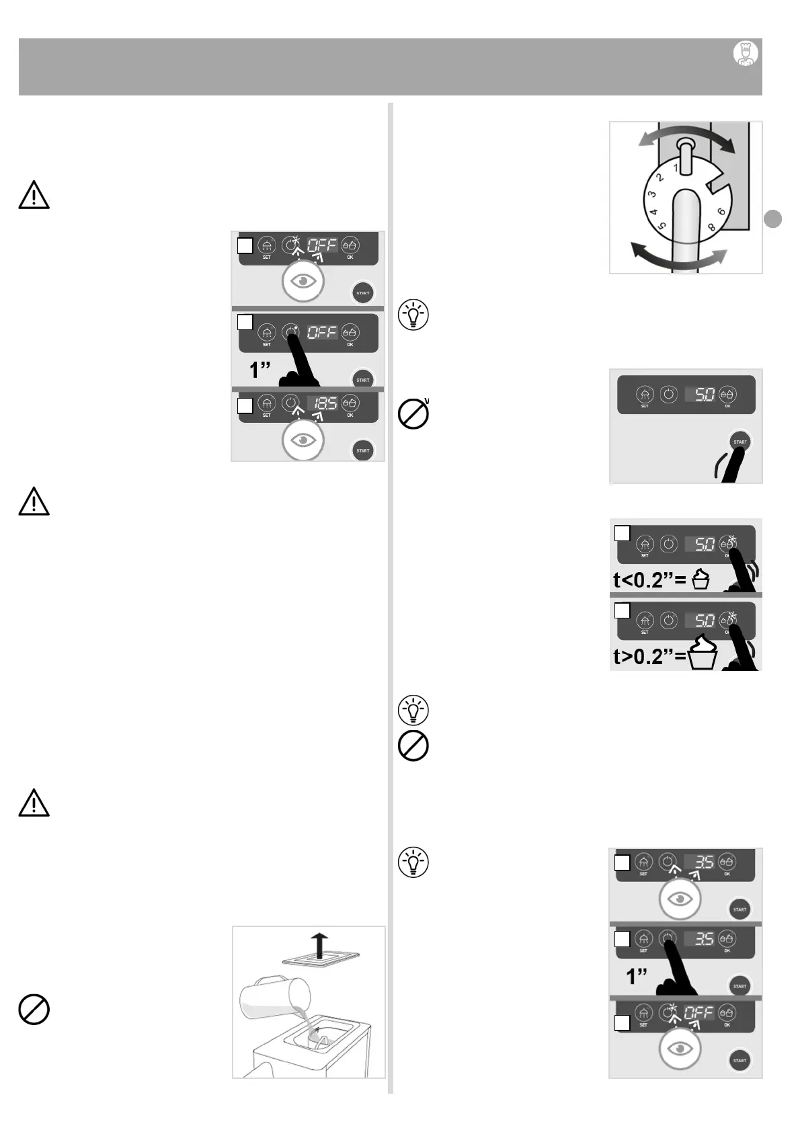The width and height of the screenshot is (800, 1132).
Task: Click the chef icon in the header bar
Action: pyautogui.click(x=745, y=53)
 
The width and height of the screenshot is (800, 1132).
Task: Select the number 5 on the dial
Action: pyautogui.click(x=663, y=227)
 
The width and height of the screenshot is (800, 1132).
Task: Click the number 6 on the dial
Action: pyautogui.click(x=721, y=212)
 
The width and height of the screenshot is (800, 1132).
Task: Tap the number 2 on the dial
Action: pyautogui.click(x=660, y=178)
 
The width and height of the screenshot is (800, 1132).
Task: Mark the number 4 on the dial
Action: pyautogui.click(x=653, y=213)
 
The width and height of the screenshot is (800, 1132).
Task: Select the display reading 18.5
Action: pyautogui.click(x=323, y=403)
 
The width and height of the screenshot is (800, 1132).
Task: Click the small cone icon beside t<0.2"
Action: pyautogui.click(x=701, y=579)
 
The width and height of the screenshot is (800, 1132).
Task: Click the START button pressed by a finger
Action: pyautogui.click(x=739, y=442)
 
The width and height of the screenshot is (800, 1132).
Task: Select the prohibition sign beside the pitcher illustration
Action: pyautogui.click(x=34, y=1009)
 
